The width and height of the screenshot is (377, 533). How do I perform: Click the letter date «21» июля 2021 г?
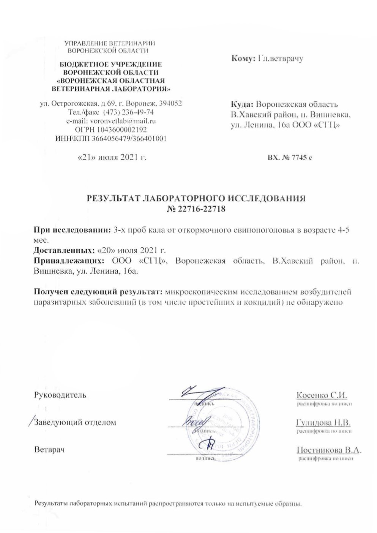coord(112,157)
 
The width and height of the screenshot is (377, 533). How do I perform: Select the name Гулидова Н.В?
coord(323,423)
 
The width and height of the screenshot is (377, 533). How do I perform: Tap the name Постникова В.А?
coord(329,450)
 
